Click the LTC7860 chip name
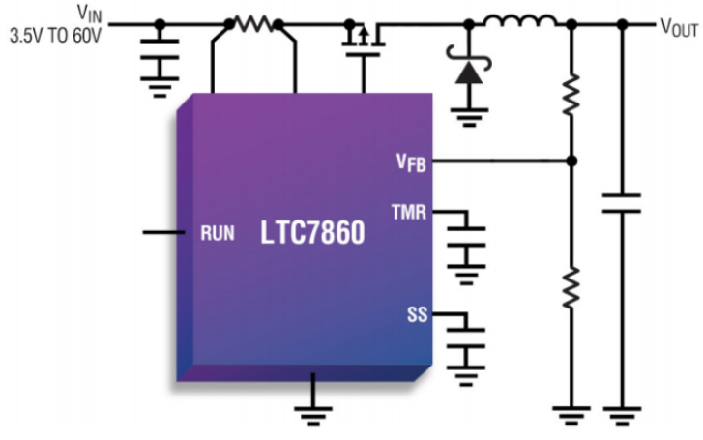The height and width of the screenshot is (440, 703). (312, 233)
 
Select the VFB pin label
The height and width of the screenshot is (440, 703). (410, 161)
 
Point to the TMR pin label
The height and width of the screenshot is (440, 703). (408, 211)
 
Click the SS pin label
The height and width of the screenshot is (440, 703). (417, 314)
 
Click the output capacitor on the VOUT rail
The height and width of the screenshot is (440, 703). (621, 203)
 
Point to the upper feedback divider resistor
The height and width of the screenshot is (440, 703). (571, 94)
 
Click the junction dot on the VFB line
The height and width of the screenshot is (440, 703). (571, 161)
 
